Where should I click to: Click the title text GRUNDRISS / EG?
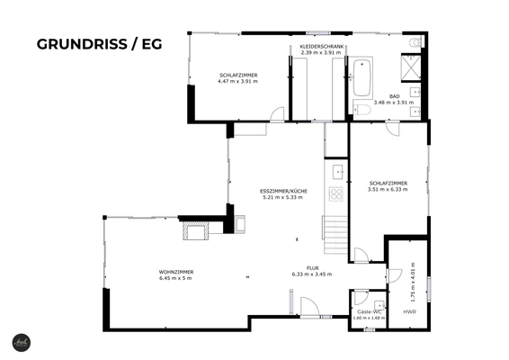[x=99, y=43]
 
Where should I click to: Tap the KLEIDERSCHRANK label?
[x=321, y=49]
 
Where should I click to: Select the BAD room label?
[x=394, y=95]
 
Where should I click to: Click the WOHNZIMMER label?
[x=176, y=272]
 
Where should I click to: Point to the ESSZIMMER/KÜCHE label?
[x=282, y=192]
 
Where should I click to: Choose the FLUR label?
[x=312, y=268]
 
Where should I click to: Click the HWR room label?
[x=409, y=311]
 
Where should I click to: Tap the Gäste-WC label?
[x=370, y=311]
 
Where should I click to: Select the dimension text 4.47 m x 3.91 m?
[x=237, y=81]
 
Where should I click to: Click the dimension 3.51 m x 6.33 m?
[x=388, y=189]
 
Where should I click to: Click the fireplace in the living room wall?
[x=196, y=233]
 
